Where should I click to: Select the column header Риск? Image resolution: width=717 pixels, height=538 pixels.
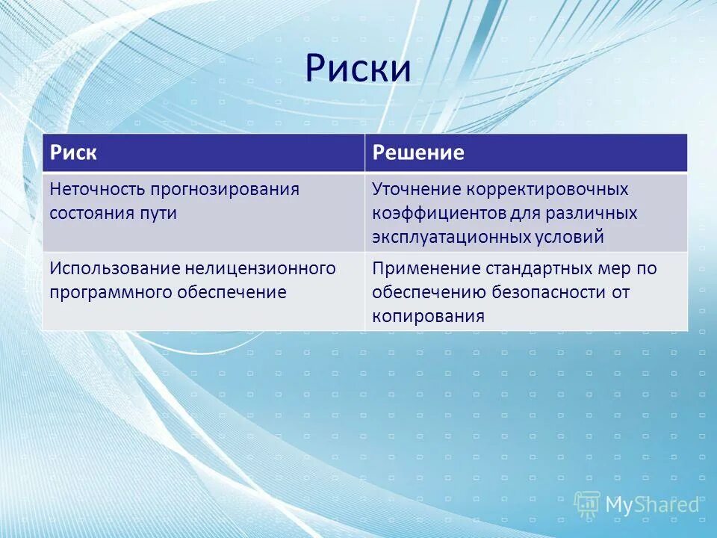(73, 153)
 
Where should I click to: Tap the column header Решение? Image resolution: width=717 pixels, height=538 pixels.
(418, 153)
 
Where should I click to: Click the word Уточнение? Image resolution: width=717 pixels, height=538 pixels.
(416, 189)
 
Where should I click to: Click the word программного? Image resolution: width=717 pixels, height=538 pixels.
(110, 292)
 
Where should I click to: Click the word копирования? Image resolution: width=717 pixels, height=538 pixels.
(428, 316)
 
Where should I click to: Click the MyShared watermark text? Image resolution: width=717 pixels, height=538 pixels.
(651, 504)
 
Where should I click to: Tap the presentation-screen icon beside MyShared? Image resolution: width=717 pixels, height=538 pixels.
(588, 504)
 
